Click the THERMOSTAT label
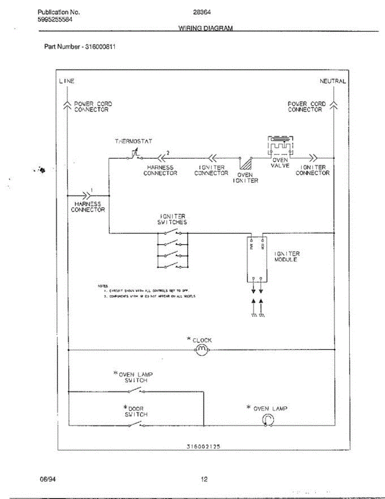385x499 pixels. tap(133, 141)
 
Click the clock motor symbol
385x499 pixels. tap(201, 350)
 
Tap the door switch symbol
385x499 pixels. tap(136, 425)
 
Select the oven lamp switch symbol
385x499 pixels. tap(136, 390)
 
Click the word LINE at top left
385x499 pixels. tap(66, 81)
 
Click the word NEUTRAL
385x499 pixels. tap(332, 81)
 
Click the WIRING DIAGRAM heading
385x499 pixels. tap(206, 28)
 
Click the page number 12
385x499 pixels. tap(204, 479)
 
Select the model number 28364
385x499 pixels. tap(202, 12)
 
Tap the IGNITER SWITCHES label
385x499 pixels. tap(173, 220)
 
